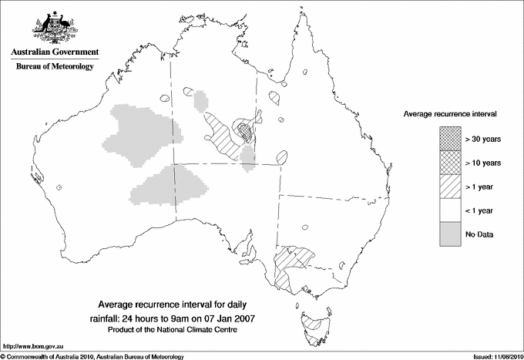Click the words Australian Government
[54, 52]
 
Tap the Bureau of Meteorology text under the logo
[54, 67]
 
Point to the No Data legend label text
[479, 234]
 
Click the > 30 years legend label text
[483, 140]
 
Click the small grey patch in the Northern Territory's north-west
[201, 99]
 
